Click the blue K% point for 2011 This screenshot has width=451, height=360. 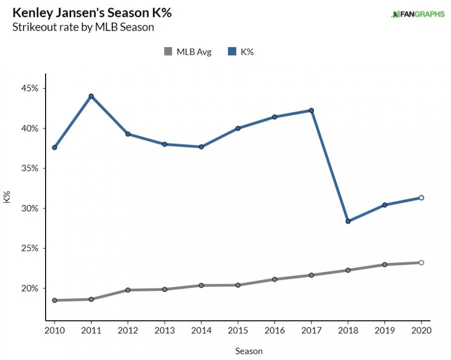[x=91, y=96]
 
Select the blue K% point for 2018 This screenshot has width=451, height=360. [x=348, y=221]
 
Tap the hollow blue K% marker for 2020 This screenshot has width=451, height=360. [x=421, y=198]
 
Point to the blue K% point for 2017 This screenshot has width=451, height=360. [x=311, y=110]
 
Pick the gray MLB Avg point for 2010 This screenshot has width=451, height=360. [x=54, y=300]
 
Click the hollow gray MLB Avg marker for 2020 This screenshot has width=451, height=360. [x=421, y=263]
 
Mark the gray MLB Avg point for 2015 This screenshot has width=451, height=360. [x=238, y=285]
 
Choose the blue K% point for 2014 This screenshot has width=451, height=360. [x=201, y=147]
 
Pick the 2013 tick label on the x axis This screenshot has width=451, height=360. [x=164, y=331]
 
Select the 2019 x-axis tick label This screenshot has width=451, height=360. [x=384, y=331]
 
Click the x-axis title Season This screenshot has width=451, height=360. [x=249, y=351]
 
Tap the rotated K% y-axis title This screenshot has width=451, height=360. [x=8, y=197]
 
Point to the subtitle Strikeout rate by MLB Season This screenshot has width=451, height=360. [x=82, y=27]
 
